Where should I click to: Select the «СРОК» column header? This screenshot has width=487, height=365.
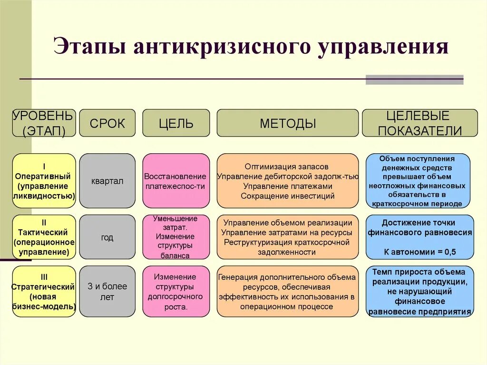107,123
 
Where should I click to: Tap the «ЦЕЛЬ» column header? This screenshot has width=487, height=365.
176,123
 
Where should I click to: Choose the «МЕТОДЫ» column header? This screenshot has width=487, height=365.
288,123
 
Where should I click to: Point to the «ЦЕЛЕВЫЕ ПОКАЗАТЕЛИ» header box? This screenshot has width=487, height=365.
420,123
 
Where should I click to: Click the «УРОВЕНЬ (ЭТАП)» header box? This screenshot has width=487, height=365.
44,123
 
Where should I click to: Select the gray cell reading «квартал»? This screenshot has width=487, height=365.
107,181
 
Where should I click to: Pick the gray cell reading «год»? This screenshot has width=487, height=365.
107,237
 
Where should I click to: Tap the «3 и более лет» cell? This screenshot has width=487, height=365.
107,291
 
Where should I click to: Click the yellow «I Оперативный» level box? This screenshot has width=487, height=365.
44,181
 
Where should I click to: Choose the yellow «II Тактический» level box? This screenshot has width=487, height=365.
44,237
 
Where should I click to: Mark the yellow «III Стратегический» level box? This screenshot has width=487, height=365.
44,291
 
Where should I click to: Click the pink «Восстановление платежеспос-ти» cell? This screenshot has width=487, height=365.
176,181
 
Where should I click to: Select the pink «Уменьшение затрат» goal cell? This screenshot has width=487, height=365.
176,237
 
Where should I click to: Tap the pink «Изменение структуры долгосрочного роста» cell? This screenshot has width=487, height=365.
176,291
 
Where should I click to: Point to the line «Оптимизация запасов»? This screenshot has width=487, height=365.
287,167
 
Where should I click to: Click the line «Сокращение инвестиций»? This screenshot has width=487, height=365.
287,196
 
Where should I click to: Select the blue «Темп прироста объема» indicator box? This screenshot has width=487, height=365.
420,291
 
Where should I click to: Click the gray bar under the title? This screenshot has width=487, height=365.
414,80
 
